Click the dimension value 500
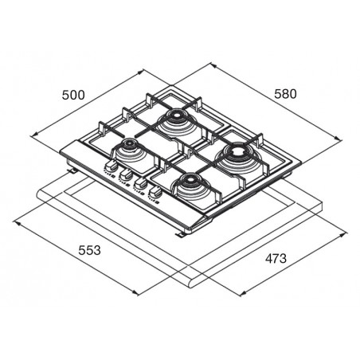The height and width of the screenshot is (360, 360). coord(73,95)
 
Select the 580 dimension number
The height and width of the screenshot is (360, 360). coord(285,94)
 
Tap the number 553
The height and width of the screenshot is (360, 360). coord(89,250)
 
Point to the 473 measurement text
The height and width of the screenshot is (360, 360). coord(276,258)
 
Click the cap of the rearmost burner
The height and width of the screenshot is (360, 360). coord(175,116)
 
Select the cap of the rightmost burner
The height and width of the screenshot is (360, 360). coord(236,151)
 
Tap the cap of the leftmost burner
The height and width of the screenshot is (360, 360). coord(129,143)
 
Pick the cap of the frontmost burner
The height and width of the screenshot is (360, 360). coord(189,180)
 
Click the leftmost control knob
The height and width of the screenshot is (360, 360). coord(111,166)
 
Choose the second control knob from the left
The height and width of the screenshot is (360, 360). coord(125,174)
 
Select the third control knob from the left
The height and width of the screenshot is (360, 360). coord(140,183)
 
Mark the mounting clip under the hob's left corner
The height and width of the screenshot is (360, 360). coord(71,170)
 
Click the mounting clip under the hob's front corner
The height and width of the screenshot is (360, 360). coord(180,234)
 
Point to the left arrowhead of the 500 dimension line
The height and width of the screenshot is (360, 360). coord(34,135)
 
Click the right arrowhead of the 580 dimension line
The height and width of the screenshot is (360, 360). coord(338,139)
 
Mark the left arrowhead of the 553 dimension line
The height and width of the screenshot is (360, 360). coord(17,222)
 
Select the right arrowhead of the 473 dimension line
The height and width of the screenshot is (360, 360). coord(343,234)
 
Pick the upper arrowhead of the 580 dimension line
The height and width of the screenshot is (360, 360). coord(213,65)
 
